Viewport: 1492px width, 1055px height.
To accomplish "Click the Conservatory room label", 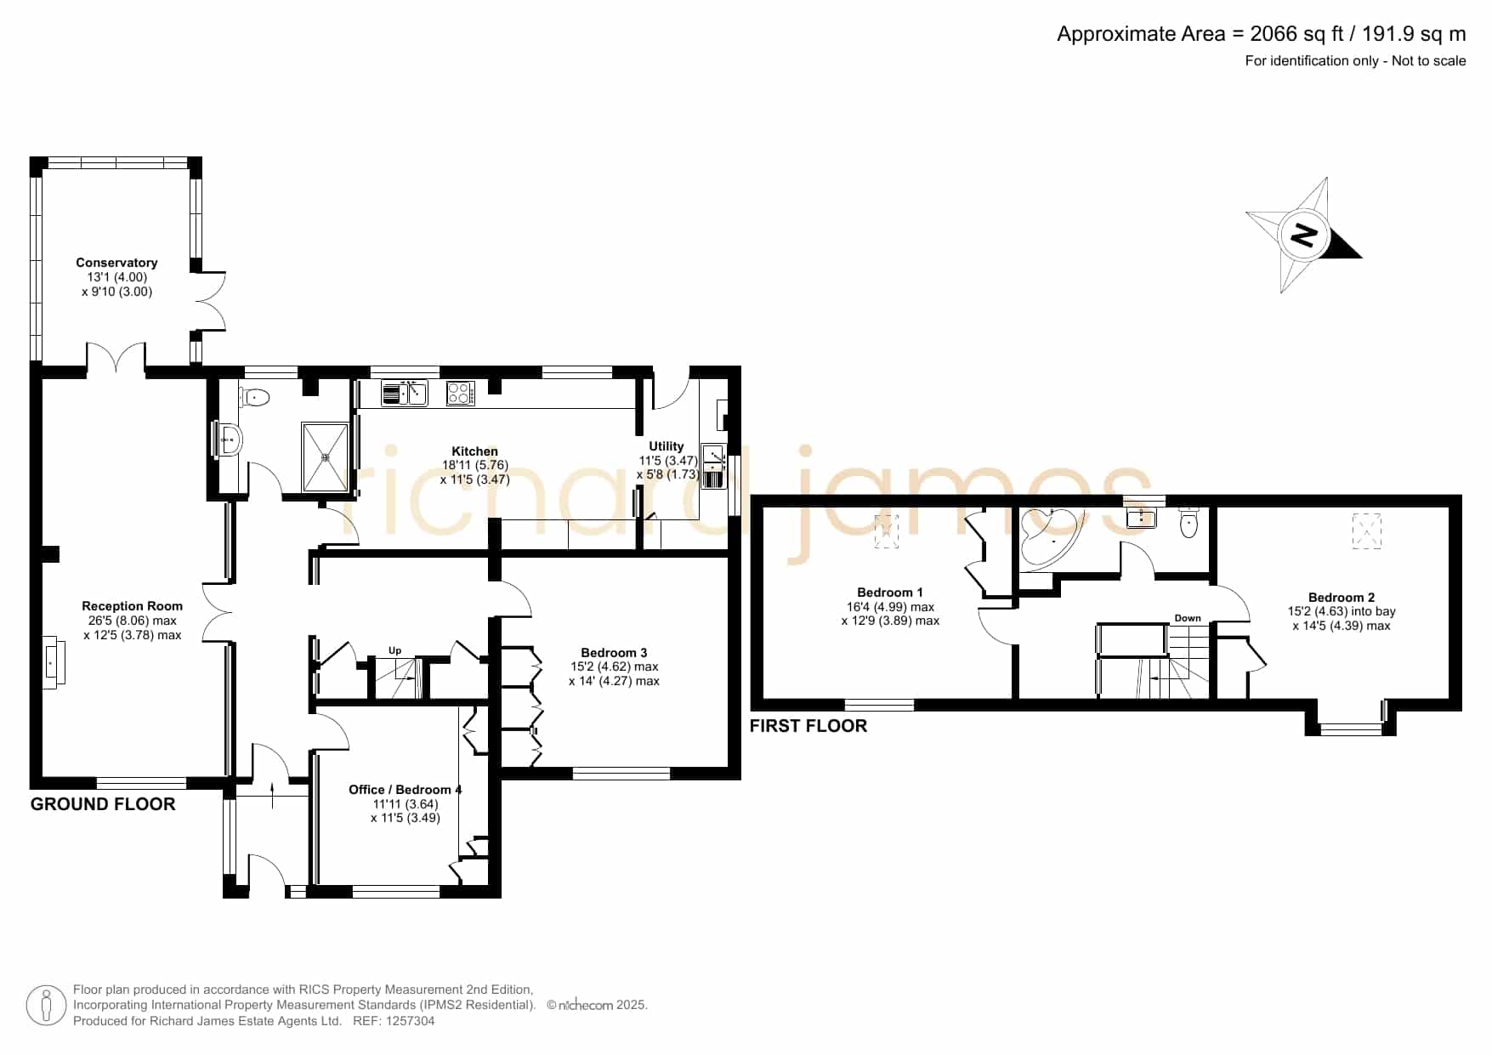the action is coord(116,263).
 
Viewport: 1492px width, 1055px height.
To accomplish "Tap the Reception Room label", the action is coord(132,606).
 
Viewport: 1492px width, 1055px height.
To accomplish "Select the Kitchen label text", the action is coord(474,451).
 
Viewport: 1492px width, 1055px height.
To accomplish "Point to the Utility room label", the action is coord(666,446).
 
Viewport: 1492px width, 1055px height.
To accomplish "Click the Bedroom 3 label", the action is coord(614,653).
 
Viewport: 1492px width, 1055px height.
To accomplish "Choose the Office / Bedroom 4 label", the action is coord(406,790).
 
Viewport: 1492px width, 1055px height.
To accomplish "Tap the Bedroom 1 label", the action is coord(890,593).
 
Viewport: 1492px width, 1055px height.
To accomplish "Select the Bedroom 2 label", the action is coord(1342,598).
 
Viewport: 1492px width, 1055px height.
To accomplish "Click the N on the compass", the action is coord(1303,234).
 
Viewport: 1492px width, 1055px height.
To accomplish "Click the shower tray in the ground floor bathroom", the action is coord(325,457).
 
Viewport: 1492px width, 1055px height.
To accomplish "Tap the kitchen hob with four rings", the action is coord(460,394).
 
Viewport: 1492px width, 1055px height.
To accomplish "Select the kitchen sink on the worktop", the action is coord(404,394).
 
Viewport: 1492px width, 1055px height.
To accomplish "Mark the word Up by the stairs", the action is coord(394,651).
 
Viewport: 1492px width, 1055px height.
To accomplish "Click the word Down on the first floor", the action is coord(1188,618).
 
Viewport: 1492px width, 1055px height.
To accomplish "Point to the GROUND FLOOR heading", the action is coord(103,804).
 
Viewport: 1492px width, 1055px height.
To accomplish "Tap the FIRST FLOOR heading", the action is coord(808,726).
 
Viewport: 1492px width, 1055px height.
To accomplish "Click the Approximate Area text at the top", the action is coord(1262,34).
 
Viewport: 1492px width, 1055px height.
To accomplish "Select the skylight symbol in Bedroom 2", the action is coord(1367,531).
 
